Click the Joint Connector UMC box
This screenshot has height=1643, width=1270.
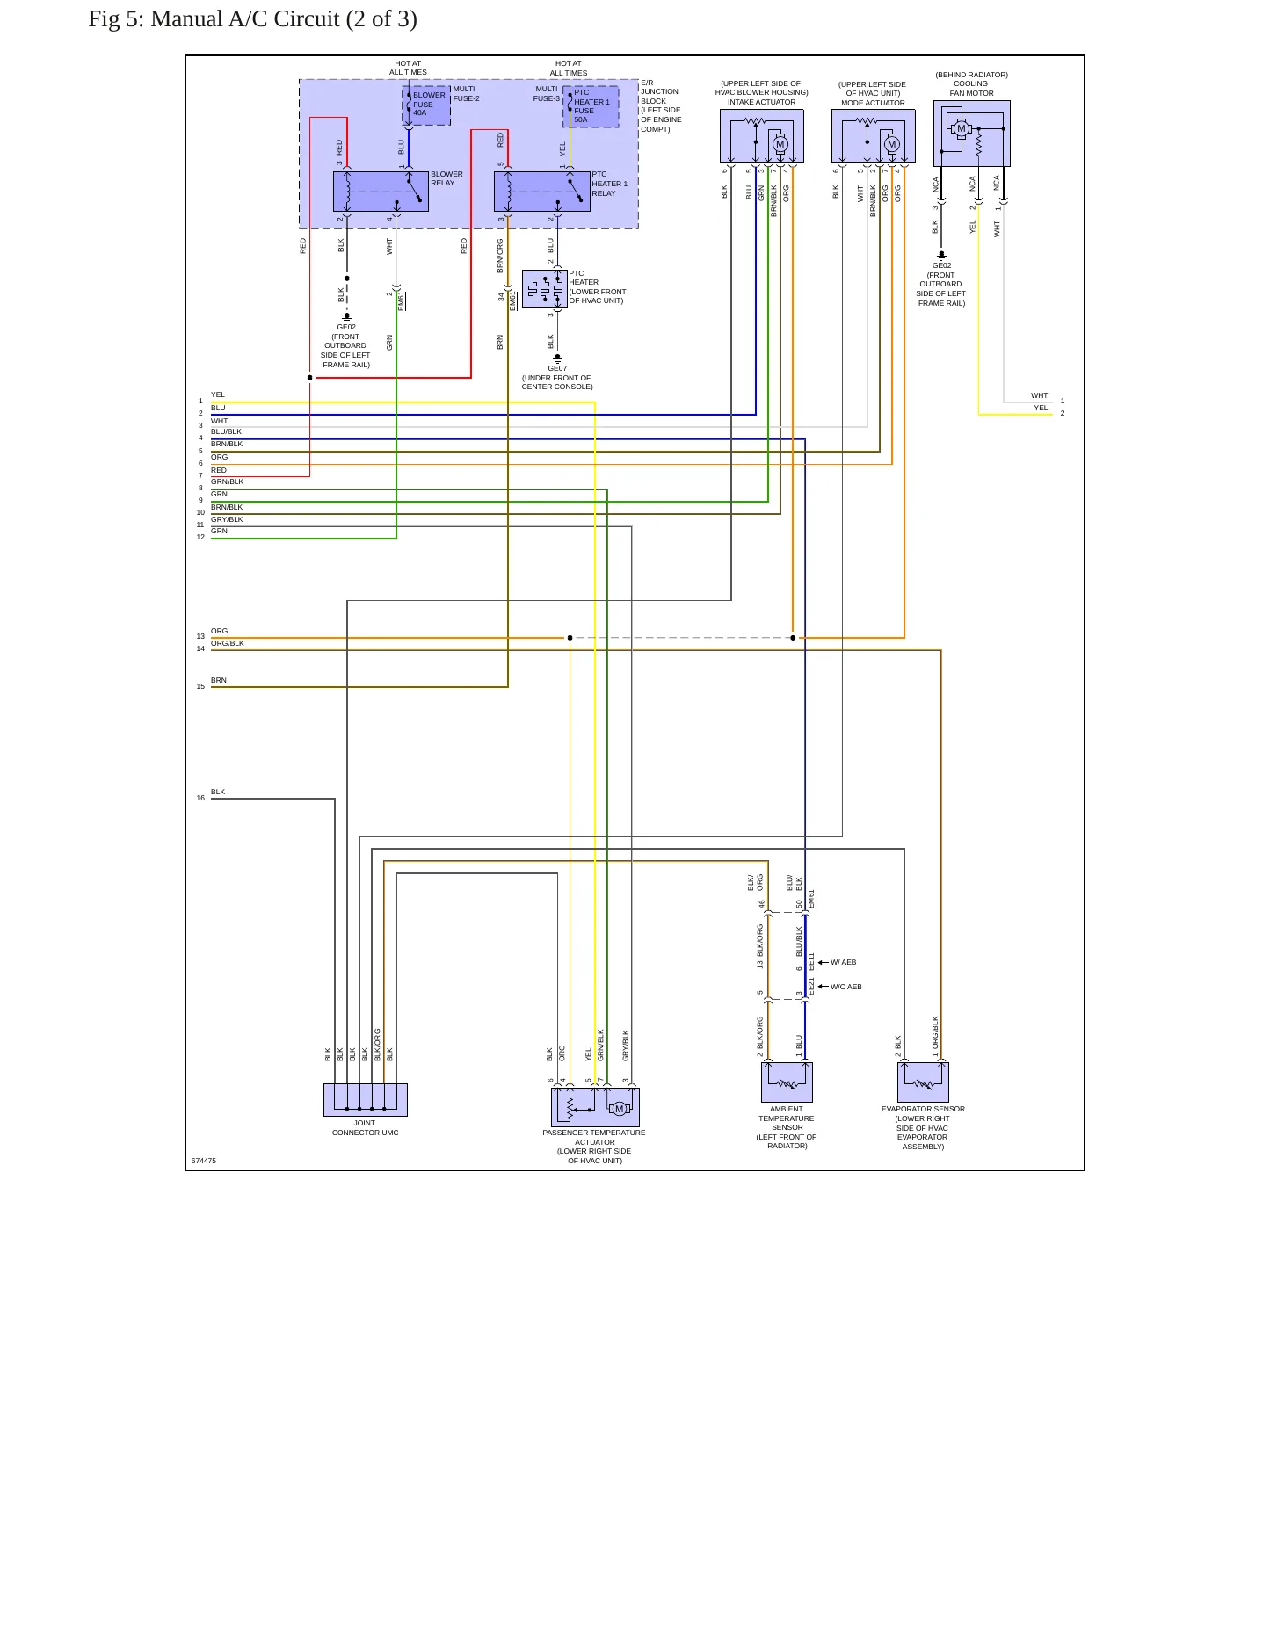(x=366, y=1099)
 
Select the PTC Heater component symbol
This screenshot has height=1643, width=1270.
(x=545, y=288)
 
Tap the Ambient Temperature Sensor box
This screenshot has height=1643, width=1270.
(x=787, y=1082)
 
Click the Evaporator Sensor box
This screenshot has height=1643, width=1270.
(x=923, y=1082)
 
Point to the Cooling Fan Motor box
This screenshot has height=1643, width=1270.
(x=972, y=134)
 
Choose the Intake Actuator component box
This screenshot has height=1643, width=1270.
(x=762, y=136)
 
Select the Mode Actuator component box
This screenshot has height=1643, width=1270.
(x=874, y=136)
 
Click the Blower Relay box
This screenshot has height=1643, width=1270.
(x=381, y=192)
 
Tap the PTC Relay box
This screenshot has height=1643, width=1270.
(x=542, y=192)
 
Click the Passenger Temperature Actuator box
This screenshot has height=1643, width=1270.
(x=595, y=1107)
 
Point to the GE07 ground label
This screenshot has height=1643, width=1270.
(x=557, y=369)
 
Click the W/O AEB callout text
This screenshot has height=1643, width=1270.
(x=846, y=987)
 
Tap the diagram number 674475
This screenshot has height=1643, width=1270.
(x=204, y=1161)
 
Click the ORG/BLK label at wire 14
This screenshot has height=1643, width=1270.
(x=228, y=643)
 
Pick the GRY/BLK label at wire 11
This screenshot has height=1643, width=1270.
(x=227, y=519)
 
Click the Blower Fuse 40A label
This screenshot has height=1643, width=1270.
(x=429, y=104)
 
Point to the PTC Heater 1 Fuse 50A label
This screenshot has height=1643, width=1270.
(x=591, y=105)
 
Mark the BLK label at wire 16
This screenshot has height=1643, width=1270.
(x=218, y=792)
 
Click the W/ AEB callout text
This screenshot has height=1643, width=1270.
(x=844, y=962)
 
